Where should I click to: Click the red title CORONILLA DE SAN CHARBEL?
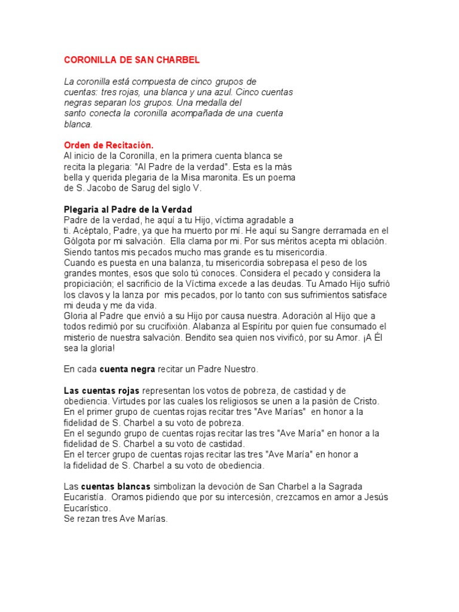coord(131,60)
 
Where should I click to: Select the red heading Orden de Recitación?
coord(108,145)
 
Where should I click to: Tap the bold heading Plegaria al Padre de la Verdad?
coord(128,210)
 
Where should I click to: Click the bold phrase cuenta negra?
coord(128,369)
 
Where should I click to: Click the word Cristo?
coord(365,402)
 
